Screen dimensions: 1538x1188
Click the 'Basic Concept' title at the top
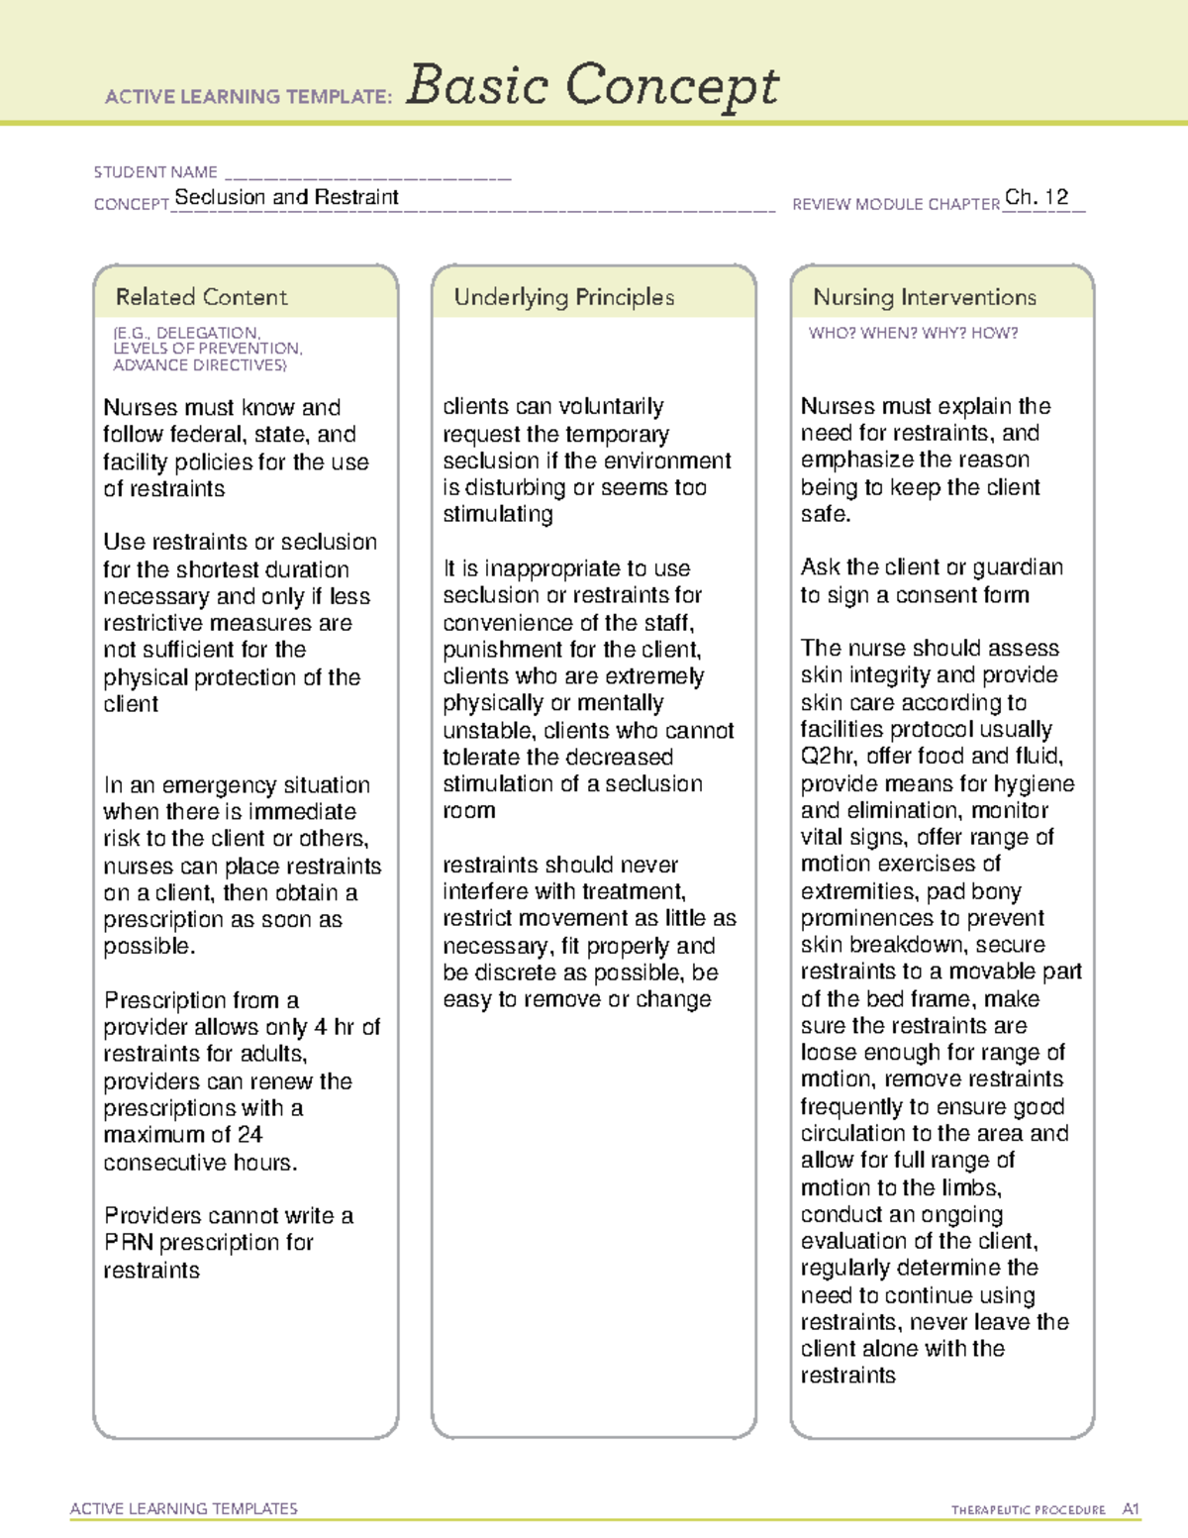592,86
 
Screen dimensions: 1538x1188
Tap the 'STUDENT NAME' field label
155,172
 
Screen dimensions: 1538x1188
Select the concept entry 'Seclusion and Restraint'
286,197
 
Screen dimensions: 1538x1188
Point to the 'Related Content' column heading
201,297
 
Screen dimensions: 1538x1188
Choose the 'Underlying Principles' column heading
563,297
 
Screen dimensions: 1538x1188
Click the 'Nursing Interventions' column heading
924,297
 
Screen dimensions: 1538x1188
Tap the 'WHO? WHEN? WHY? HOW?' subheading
913,334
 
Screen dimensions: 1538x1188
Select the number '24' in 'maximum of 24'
249,1135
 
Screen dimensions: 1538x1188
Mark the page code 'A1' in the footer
1131,1509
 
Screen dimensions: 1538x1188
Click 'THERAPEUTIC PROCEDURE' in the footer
1028,1510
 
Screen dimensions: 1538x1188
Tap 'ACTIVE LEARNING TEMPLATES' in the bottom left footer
184,1508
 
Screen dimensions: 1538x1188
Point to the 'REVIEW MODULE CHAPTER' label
895,204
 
